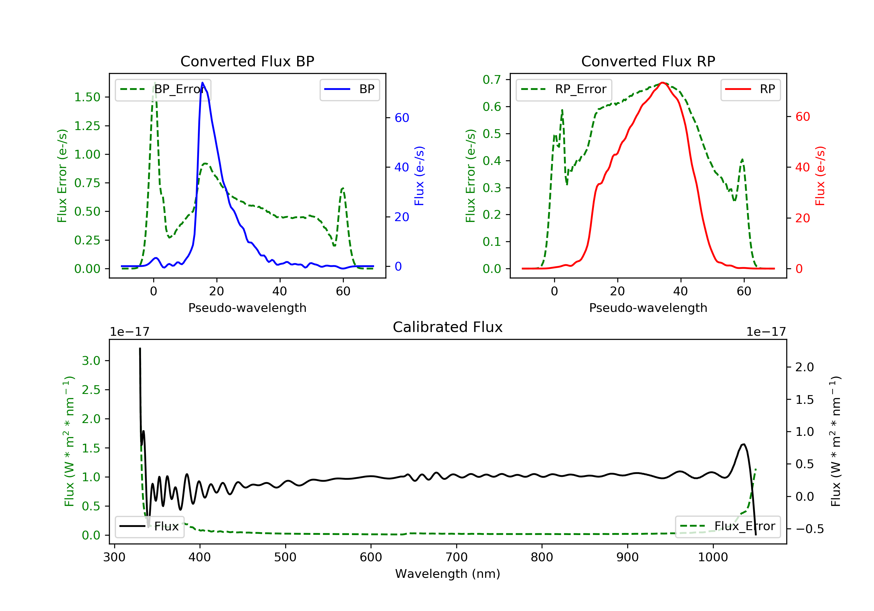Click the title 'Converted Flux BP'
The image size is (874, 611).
click(247, 61)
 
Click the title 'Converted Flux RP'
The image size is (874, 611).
click(648, 61)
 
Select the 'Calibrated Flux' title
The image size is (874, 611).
click(448, 327)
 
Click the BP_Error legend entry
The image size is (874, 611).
click(163, 89)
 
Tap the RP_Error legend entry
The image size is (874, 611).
click(564, 89)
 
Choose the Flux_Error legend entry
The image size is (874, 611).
click(727, 526)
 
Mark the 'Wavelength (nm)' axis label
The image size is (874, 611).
click(448, 574)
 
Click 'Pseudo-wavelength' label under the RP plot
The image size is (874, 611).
click(648, 308)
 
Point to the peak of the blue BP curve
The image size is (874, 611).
click(202, 83)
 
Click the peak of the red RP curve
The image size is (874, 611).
click(662, 83)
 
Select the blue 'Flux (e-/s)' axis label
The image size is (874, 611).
click(419, 176)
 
